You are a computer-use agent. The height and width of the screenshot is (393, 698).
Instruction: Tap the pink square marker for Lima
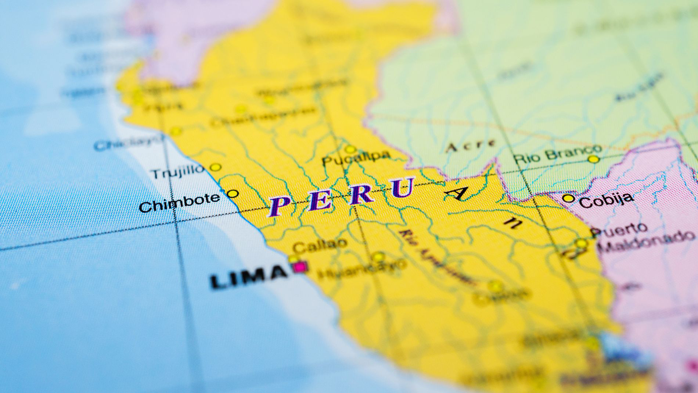tap(301, 267)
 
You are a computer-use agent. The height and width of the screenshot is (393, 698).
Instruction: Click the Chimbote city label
tap(179, 202)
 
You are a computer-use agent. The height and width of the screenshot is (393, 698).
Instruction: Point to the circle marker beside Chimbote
tap(233, 193)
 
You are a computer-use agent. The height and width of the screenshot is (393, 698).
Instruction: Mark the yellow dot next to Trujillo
tap(215, 167)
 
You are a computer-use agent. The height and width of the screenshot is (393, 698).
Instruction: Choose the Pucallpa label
tap(356, 158)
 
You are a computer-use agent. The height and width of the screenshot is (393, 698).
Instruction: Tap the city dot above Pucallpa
tap(350, 149)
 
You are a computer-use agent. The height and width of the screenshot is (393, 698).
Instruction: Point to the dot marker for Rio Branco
tap(593, 159)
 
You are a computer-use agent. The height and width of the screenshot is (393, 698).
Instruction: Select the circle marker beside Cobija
tap(568, 199)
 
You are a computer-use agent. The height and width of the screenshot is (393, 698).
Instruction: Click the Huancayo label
tap(362, 269)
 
